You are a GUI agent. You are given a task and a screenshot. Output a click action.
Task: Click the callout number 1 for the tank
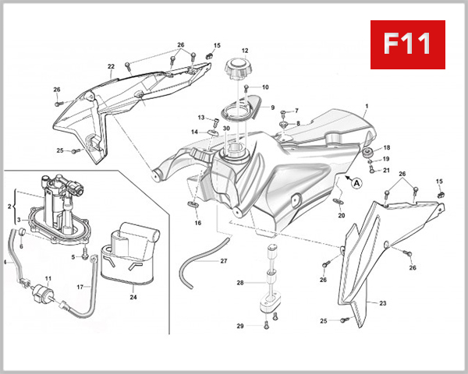point(366,105)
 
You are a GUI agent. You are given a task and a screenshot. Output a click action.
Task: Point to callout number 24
point(133,296)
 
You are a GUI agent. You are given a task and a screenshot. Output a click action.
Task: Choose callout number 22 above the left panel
point(111,66)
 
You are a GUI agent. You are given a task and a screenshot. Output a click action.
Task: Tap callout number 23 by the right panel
point(382,302)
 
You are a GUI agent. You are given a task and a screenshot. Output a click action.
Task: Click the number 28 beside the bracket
point(240,282)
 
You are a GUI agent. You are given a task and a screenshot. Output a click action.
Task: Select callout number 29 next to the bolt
point(240,326)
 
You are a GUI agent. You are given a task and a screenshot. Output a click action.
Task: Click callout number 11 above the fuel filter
point(48,278)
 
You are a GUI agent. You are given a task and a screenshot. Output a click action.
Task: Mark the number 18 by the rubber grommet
point(387,147)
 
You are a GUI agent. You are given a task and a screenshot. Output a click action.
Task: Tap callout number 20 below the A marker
point(340,216)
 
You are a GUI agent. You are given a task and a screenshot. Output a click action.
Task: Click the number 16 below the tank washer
point(197,224)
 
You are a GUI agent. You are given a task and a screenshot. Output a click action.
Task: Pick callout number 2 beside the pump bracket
point(9,206)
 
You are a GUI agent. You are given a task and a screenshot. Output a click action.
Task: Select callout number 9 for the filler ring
point(272,108)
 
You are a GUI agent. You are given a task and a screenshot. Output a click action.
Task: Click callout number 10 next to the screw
point(265,87)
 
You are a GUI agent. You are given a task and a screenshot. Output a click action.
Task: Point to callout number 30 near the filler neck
point(225,129)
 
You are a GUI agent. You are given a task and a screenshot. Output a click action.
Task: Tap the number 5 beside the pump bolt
point(73,256)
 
